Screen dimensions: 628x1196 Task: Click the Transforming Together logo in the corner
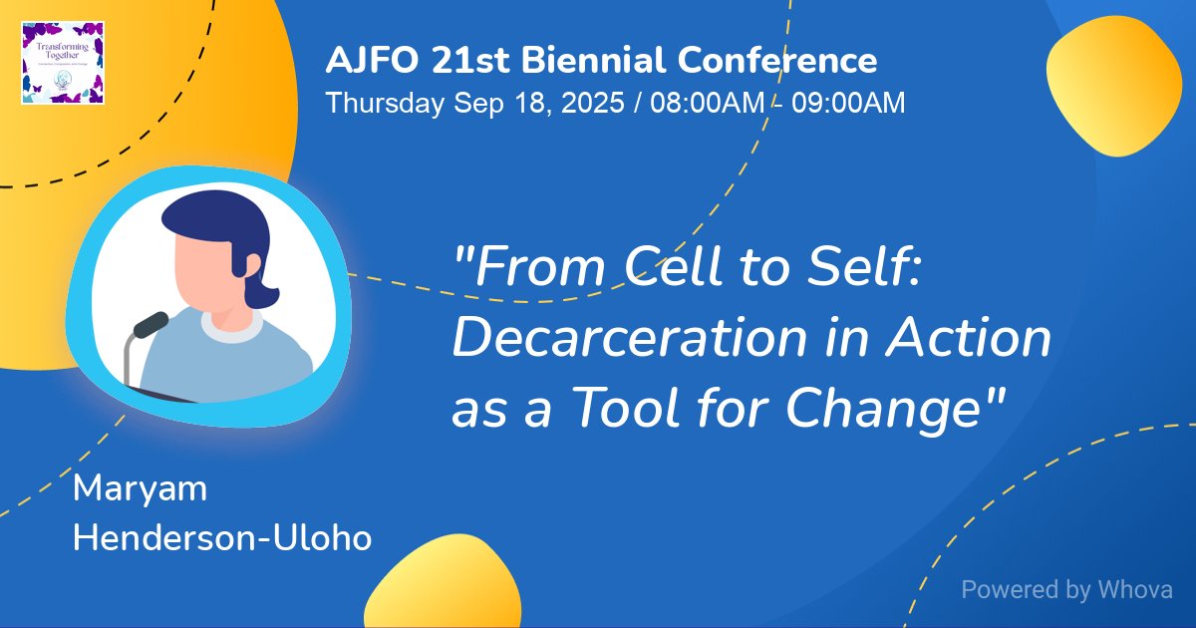(63, 62)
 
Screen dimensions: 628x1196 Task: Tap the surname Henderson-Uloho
(222, 538)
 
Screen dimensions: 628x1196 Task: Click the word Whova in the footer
(1135, 589)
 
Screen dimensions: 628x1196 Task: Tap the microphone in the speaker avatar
(150, 325)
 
